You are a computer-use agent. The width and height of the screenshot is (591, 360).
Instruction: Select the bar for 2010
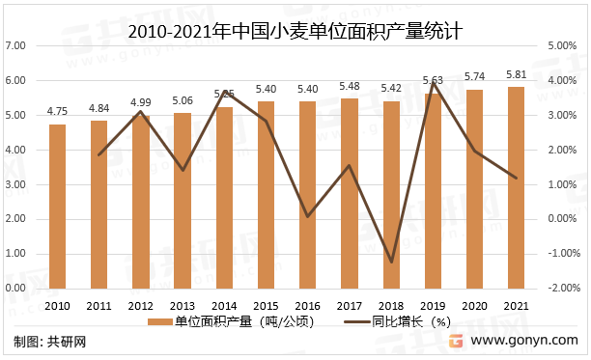[x=57, y=207]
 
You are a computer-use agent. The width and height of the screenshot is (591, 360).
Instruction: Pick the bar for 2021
[x=517, y=187]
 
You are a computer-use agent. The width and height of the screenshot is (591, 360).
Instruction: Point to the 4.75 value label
[x=57, y=111]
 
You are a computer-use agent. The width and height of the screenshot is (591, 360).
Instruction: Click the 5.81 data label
[x=517, y=73]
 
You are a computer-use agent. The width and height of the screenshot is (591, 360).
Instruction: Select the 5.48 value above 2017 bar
[x=350, y=85]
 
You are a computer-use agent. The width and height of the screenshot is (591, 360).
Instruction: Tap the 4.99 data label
[x=141, y=102]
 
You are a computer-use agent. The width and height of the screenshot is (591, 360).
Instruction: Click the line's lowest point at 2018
[x=391, y=262]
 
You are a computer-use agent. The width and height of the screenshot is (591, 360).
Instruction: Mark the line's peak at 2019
[x=434, y=83]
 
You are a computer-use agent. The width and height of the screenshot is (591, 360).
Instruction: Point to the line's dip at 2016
[x=308, y=216]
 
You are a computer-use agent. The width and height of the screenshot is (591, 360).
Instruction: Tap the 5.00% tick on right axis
[x=563, y=45]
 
